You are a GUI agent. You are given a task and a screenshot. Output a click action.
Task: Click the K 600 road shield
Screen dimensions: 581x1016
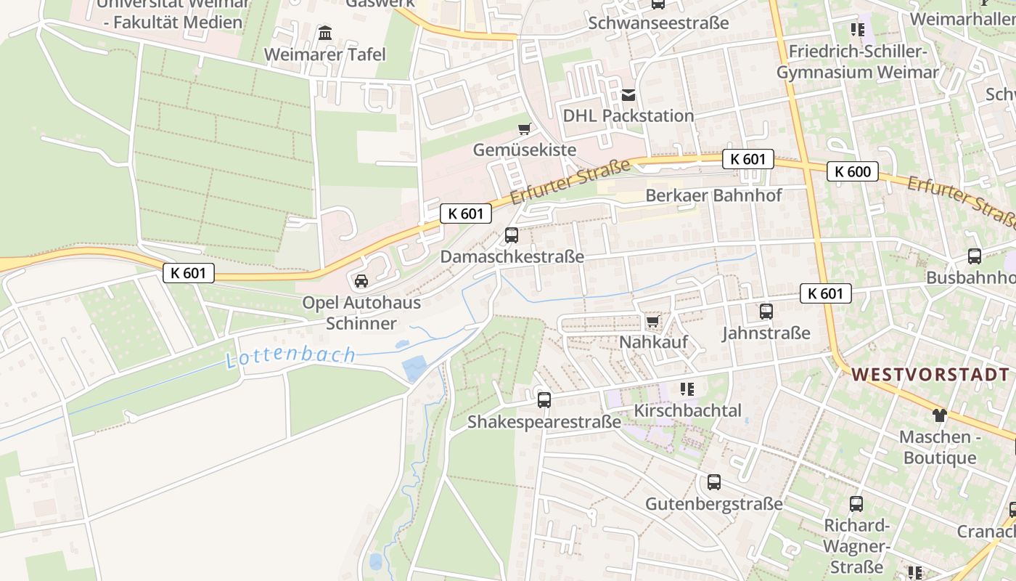(852, 171)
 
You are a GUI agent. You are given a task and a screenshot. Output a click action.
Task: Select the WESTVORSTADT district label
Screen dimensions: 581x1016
(930, 375)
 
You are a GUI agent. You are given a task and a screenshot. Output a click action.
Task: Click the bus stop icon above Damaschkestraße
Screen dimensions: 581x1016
(512, 235)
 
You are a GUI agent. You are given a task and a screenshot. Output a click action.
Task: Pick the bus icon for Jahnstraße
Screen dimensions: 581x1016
(766, 312)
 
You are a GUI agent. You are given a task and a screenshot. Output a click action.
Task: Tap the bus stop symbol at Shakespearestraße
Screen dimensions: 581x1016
(544, 399)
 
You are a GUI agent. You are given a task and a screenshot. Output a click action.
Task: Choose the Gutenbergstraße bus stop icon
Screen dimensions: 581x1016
(714, 482)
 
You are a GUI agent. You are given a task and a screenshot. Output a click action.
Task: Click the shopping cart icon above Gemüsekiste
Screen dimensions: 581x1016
(524, 129)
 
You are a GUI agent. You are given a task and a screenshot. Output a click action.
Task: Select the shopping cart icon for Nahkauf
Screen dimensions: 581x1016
(652, 321)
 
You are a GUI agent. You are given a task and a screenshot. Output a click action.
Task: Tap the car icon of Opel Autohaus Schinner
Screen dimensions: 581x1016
(361, 281)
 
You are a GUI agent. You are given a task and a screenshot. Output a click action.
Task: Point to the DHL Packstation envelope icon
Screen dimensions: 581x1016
(628, 95)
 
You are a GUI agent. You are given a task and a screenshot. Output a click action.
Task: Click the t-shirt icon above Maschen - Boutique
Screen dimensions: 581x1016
(940, 415)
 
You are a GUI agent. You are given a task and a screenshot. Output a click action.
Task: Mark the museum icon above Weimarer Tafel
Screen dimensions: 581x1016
(325, 33)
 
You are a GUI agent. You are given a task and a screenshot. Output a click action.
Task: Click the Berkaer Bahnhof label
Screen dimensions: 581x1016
(713, 195)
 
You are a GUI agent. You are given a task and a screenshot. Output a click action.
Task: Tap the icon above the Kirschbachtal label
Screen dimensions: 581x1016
(687, 389)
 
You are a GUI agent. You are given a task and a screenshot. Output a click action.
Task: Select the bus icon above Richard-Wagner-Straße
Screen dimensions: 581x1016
(856, 504)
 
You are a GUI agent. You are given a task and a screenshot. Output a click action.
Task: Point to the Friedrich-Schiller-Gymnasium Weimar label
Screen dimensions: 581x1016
(858, 62)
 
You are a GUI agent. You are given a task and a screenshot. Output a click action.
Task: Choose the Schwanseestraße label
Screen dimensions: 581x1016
(658, 23)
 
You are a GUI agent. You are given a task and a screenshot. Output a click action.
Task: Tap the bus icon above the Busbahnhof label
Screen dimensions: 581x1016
(974, 256)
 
